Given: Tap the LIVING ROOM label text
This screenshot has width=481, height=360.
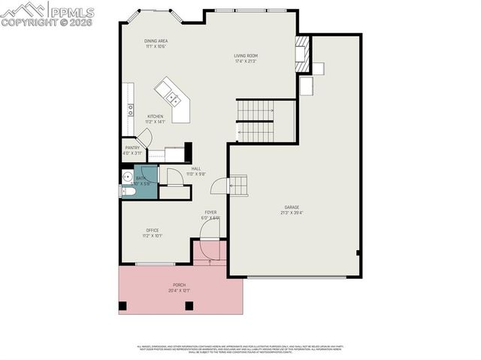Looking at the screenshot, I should point(246,55).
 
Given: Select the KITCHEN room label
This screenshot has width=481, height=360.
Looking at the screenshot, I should point(154,116).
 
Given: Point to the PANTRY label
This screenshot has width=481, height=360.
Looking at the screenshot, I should point(132,148).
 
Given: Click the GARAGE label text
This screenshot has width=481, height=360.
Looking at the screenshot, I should point(292,207).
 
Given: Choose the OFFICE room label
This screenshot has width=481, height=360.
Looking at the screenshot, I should point(152,230).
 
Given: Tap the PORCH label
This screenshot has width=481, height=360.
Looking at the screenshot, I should point(180,285).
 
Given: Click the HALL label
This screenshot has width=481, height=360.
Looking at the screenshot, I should point(195,168).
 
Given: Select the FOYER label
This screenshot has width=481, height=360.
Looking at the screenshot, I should point(210,213).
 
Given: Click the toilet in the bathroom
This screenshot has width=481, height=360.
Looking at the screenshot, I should point(128,192).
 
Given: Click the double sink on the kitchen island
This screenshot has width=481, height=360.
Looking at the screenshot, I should point(171,96).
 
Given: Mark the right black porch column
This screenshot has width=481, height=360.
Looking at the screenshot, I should point(189,306).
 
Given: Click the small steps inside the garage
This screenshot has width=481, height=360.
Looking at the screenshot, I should point(237,184).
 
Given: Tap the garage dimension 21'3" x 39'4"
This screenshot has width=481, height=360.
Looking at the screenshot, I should point(292,213).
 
